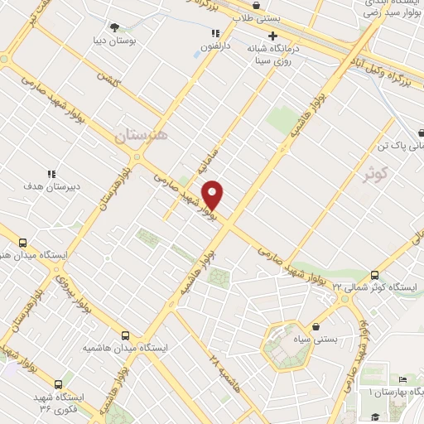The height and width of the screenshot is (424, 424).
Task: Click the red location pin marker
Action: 214,195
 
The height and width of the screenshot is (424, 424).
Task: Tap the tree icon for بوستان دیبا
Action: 114,27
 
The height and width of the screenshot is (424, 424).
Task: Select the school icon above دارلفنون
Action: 214,34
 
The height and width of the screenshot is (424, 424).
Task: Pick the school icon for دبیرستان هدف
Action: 51,174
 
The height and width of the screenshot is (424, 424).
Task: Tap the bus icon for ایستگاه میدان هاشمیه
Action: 125,335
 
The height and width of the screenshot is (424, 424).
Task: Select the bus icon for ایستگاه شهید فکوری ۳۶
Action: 58,385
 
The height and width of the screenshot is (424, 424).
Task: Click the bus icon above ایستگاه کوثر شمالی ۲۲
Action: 374,275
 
